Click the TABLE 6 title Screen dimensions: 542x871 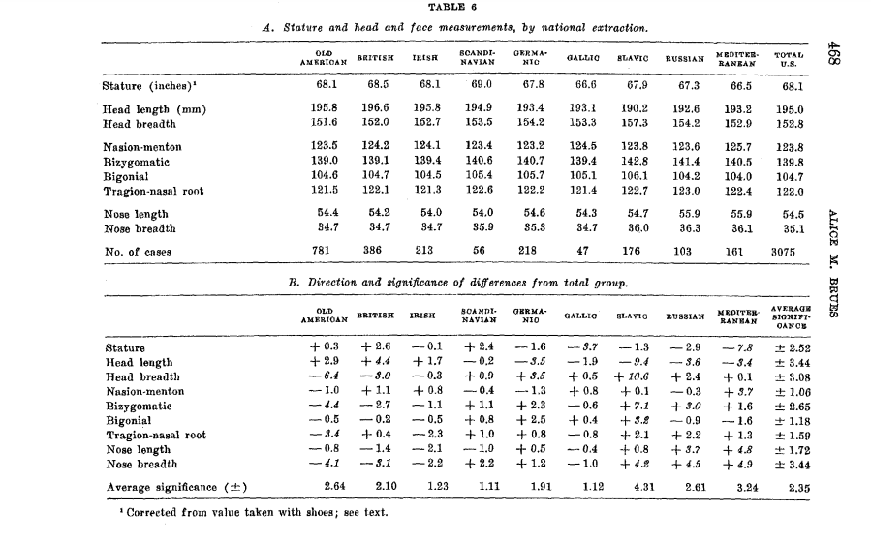[445, 9]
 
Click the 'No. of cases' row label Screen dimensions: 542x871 [137, 252]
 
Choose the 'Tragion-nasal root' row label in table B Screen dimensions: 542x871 [155, 436]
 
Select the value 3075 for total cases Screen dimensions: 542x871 [787, 252]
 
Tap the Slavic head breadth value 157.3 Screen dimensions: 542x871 [633, 123]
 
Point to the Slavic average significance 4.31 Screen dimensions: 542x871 [633, 487]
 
